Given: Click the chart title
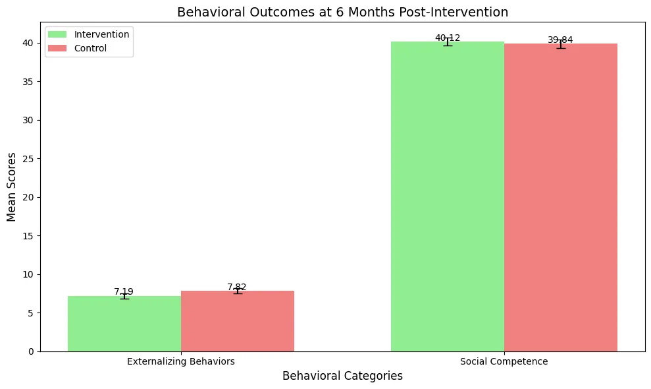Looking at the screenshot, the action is (x=342, y=12).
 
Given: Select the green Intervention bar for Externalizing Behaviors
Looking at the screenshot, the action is (x=124, y=324).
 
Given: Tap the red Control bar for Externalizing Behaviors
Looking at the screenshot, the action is (x=238, y=321).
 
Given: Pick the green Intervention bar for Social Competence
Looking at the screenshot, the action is (x=448, y=196).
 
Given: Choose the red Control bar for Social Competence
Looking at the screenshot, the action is (x=561, y=198).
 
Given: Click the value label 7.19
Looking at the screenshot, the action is (x=124, y=291).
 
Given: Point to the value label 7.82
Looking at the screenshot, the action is (x=237, y=287).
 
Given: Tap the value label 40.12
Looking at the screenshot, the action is (x=448, y=38).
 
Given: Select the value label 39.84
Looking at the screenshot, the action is (x=560, y=40).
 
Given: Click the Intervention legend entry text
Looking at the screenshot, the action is (x=102, y=34).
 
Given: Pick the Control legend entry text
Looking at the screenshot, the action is (x=91, y=48).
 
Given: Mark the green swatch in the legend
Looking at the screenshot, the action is (x=57, y=34).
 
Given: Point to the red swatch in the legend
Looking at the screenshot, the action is (x=57, y=48).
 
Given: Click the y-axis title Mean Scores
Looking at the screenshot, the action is (x=11, y=187).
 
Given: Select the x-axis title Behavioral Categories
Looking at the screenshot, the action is (x=342, y=376).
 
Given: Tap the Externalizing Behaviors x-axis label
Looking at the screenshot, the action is (x=181, y=361).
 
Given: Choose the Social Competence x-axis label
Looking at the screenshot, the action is (x=504, y=361).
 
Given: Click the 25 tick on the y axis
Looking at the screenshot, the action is (x=28, y=159).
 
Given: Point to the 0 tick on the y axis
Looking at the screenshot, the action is (x=31, y=351).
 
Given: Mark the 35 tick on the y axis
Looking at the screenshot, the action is (x=28, y=82).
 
